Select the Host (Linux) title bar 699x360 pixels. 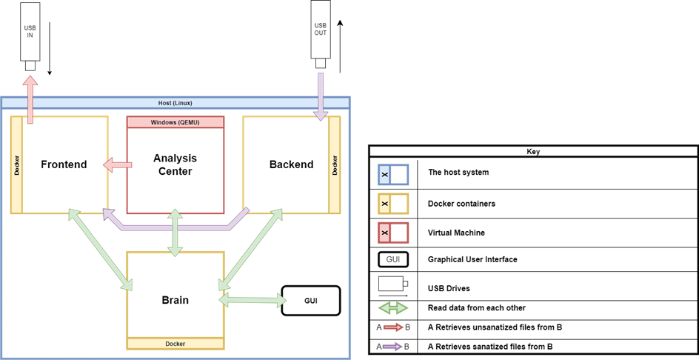coord(175,102)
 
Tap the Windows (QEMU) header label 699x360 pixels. coord(175,121)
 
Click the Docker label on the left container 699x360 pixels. coord(17,164)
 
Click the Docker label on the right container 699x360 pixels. coord(335,164)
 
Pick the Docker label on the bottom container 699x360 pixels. coord(175,344)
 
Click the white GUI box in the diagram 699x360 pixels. coord(310,301)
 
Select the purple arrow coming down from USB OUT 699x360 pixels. coord(321,95)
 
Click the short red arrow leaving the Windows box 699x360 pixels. coord(117,164)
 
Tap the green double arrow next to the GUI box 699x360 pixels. coord(252,300)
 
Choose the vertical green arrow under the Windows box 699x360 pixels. coord(175,233)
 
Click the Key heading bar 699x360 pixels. coord(533,151)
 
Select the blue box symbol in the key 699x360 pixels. coord(392,175)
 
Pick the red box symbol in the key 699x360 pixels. coord(392,233)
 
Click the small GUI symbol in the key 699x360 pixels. coord(393,259)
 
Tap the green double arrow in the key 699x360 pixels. coord(392,307)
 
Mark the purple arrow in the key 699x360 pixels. coord(392,346)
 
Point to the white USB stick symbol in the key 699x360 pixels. coord(392,283)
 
